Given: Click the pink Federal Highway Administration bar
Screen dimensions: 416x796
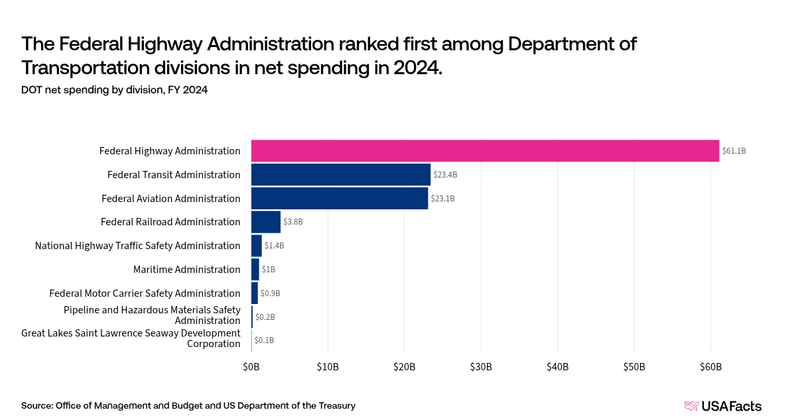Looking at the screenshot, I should tap(485, 151).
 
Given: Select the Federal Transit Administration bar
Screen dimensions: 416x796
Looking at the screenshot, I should tap(341, 175).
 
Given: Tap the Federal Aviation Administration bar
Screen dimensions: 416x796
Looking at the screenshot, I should tap(340, 199).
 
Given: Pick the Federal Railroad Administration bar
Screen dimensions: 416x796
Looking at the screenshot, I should tap(266, 222).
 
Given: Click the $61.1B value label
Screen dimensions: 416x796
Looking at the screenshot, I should tap(734, 151).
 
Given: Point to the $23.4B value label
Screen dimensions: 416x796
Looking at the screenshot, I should tap(445, 175).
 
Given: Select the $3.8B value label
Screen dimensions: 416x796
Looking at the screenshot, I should tap(293, 222).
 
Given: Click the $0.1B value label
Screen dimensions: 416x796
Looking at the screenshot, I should tap(264, 340).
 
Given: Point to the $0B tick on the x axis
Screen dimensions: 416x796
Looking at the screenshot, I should tap(251, 366).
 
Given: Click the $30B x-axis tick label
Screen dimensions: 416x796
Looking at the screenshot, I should tap(481, 366).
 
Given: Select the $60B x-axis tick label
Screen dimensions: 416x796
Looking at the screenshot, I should tap(710, 366).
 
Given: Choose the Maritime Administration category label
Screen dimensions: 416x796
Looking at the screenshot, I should tap(186, 270).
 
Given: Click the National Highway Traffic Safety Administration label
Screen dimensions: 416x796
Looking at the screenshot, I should tap(137, 246).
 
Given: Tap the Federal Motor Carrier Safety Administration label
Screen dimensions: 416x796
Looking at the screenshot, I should tap(145, 293).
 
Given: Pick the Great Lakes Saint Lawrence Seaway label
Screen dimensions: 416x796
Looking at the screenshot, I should tap(131, 338).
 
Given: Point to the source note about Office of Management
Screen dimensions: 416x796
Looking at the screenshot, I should tap(188, 405).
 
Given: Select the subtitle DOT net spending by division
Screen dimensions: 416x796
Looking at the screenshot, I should tap(115, 90).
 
